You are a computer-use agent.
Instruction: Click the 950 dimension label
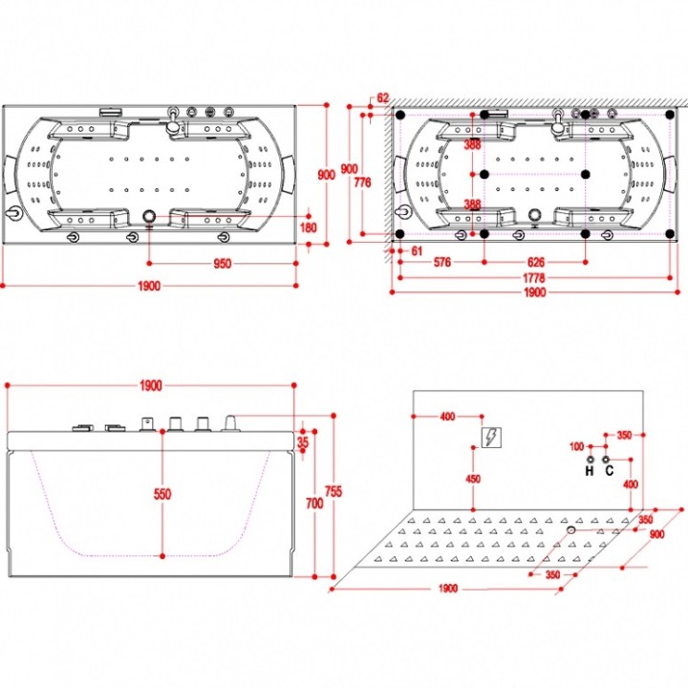coord(222,264)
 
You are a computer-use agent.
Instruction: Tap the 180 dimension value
coord(308,227)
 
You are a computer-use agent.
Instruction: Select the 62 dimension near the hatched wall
coord(382,97)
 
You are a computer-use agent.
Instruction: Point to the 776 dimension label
coord(362,183)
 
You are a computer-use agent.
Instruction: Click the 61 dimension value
coord(417,251)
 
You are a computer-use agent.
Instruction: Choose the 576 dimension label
coord(441,263)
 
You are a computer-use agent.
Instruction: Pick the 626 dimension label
coord(535,263)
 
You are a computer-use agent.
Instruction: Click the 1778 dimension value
coord(533,278)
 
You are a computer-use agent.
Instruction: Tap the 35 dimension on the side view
coord(303,442)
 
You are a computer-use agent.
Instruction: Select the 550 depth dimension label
coord(162,494)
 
